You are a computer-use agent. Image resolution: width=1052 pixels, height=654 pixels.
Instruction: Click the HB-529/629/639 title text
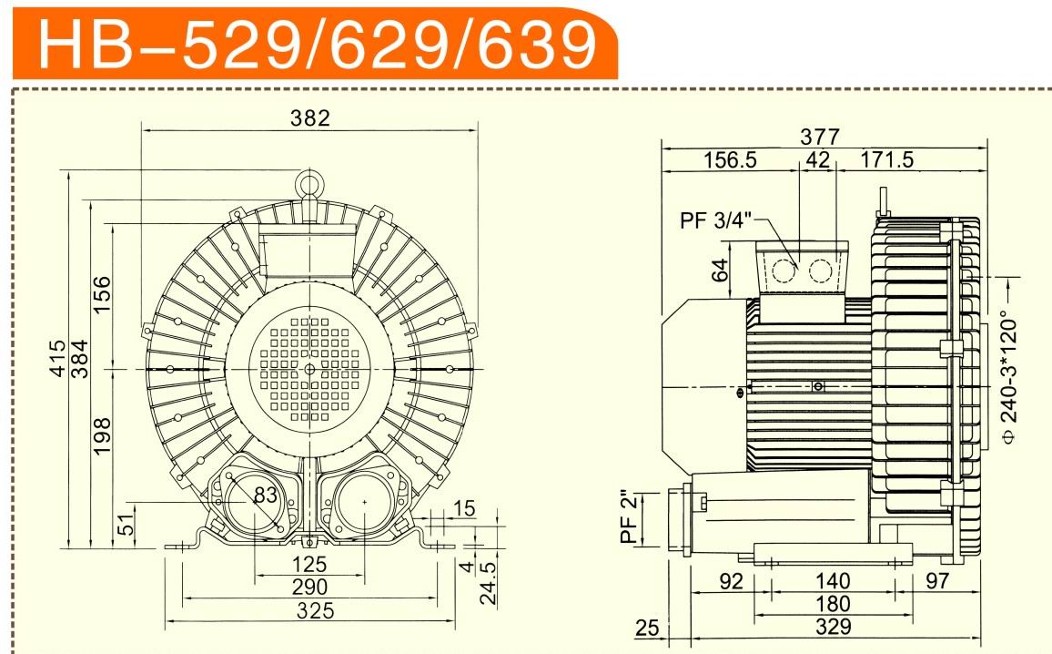pos(317,45)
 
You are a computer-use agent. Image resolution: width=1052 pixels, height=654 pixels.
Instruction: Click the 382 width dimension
pos(310,118)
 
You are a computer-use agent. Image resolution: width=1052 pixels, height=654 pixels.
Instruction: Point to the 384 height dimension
pos(80,359)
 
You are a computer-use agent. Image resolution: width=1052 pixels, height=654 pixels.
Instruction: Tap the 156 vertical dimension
pos(101,294)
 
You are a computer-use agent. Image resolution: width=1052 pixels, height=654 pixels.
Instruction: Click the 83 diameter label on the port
pos(266,495)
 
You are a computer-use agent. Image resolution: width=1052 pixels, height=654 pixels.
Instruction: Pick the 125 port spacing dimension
pos(309,564)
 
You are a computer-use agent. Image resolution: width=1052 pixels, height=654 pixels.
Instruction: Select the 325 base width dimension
pos(316,610)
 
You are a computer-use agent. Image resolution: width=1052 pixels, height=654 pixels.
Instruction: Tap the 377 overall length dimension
pos(820,137)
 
